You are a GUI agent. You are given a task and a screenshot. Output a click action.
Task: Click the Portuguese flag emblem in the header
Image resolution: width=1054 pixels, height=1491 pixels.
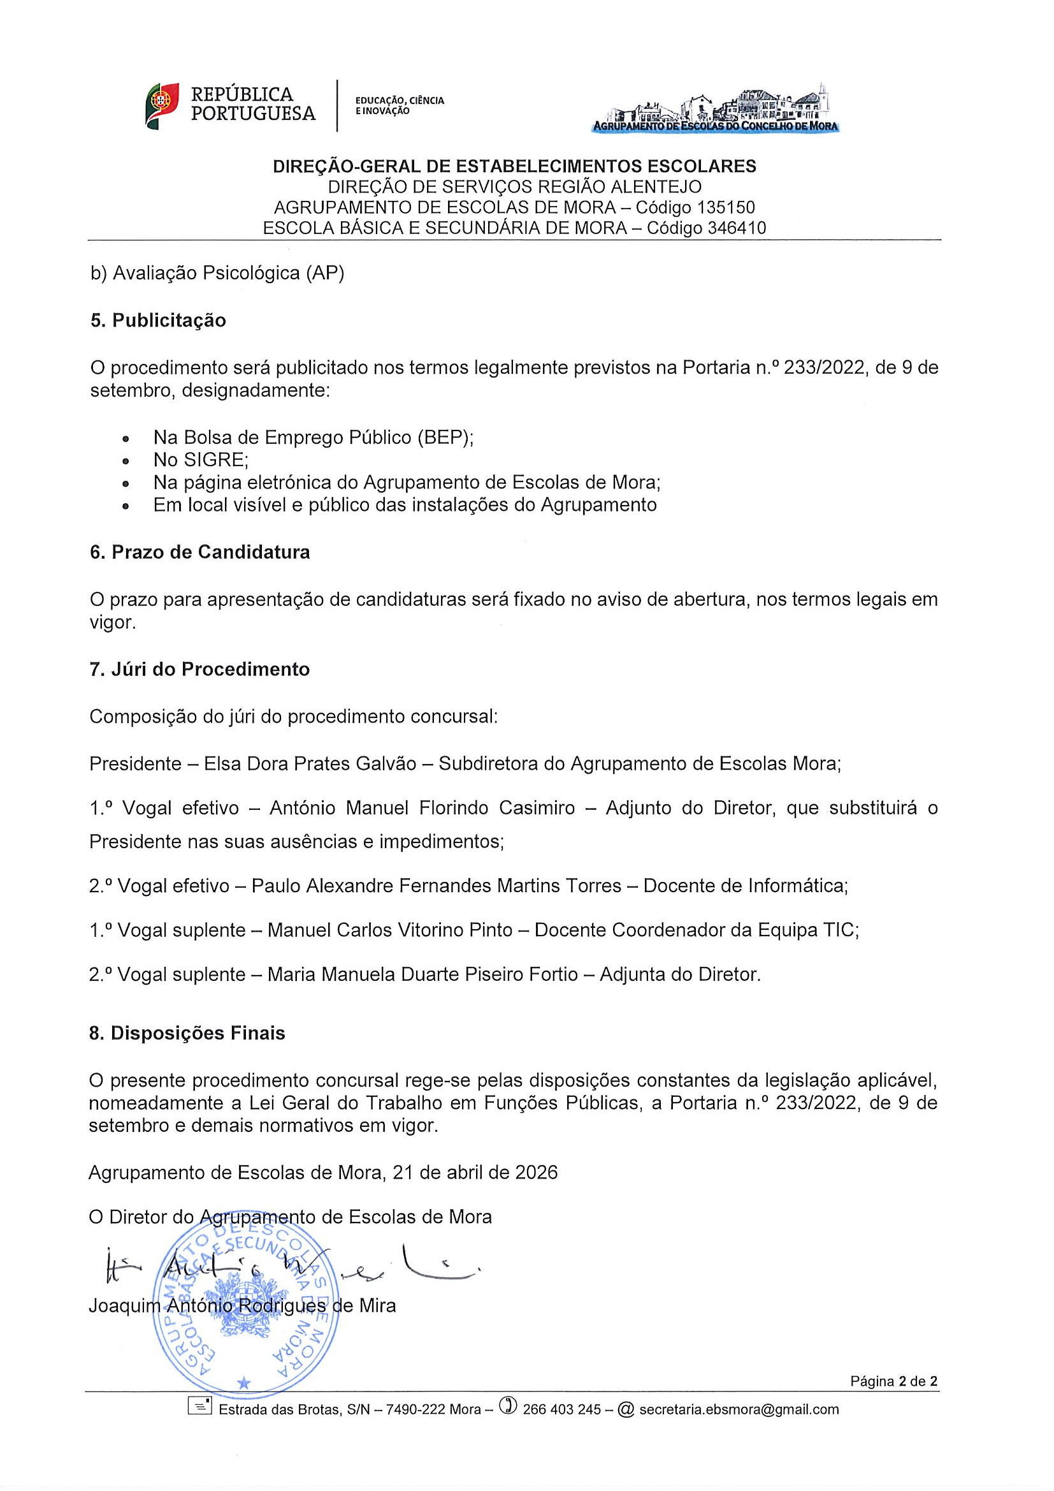tap(162, 106)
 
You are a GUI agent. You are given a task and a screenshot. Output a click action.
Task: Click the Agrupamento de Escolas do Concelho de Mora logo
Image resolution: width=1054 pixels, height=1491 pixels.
tap(715, 108)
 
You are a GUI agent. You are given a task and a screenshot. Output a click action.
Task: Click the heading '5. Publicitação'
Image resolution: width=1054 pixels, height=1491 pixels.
tap(157, 321)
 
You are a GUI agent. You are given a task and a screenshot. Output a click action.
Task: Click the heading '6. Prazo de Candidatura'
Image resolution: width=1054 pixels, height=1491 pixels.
tap(200, 552)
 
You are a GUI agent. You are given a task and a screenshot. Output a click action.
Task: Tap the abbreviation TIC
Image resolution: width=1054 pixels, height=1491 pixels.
tap(841, 930)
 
